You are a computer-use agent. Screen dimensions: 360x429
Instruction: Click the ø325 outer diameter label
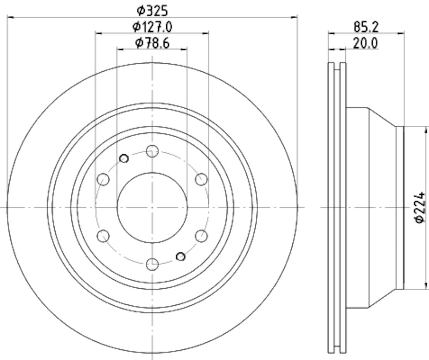click(153, 9)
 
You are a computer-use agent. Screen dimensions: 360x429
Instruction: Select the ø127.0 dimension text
click(153, 26)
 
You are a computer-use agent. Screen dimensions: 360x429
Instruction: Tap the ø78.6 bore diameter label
click(153, 43)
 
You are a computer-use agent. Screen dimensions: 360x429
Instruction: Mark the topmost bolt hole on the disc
click(153, 151)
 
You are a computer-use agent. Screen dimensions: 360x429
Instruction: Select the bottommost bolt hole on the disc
click(153, 263)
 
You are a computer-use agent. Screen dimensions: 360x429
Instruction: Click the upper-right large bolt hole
click(201, 179)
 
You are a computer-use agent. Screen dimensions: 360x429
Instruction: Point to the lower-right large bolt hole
click(201, 235)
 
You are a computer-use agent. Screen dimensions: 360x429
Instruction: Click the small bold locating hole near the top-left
click(124, 158)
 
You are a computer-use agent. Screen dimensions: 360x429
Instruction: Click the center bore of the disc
click(153, 207)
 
